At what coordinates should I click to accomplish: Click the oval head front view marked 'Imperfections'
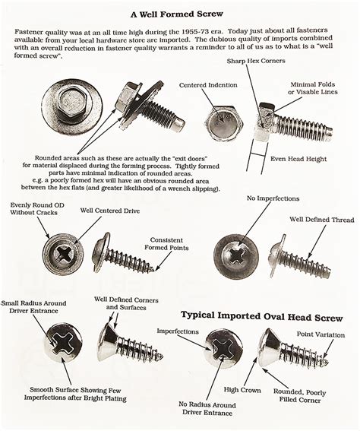[x=225, y=350]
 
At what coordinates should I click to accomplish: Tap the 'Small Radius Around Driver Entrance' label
[x=40, y=308]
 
